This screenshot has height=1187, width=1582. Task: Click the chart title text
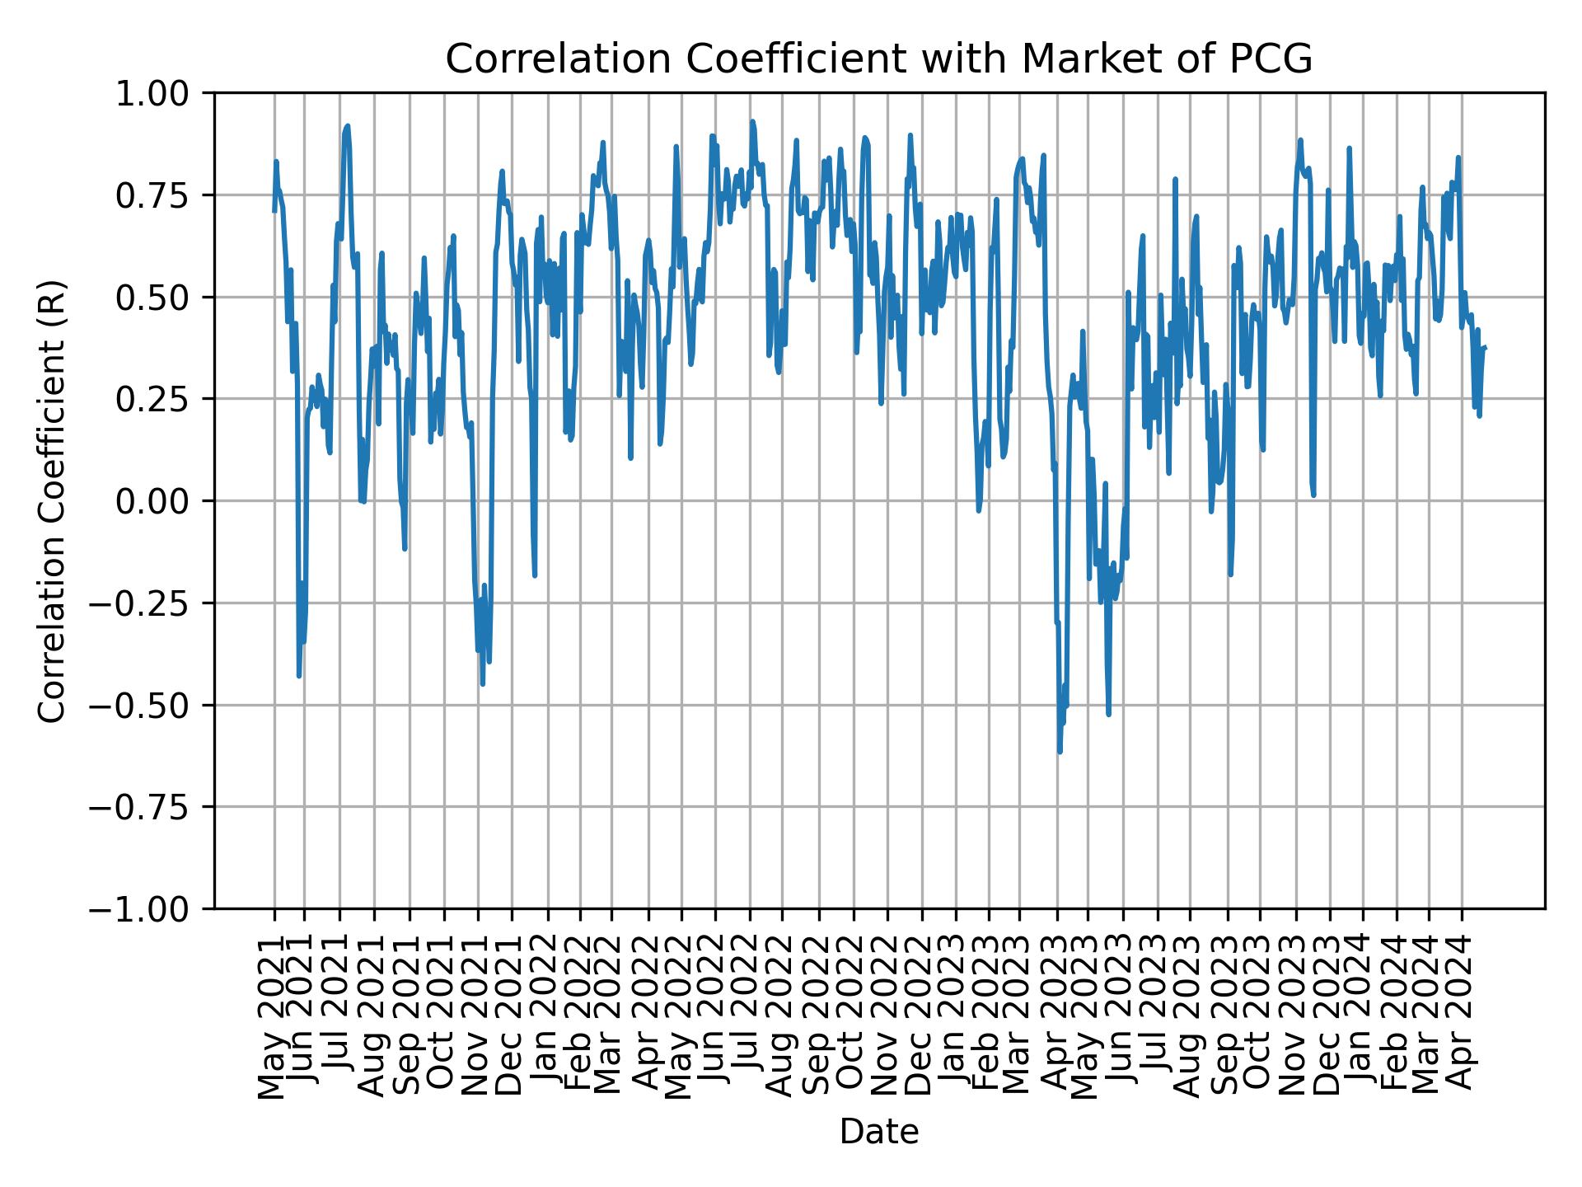coord(878,59)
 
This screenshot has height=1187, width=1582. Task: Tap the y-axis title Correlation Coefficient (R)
coord(52,501)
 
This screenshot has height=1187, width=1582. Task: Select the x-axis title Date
coord(878,1133)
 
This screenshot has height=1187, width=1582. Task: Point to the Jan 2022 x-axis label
coord(545,1016)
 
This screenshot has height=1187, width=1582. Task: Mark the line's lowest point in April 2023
coord(1060,751)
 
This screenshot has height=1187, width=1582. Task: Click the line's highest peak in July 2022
coord(751,122)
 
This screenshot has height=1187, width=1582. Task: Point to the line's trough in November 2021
coord(483,683)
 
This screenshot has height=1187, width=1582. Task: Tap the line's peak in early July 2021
coord(348,126)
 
